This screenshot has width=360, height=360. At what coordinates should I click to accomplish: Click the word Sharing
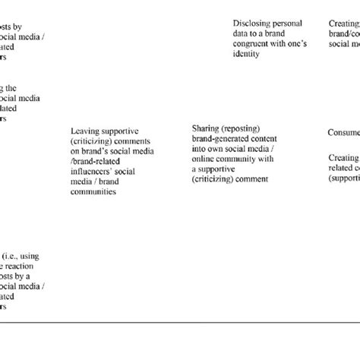(x=205, y=129)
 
